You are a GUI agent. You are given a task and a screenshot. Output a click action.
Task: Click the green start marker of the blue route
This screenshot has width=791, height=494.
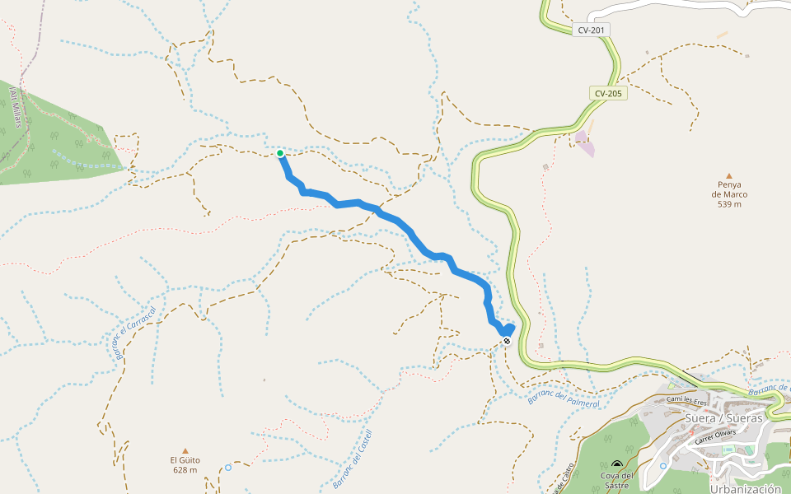[280, 153]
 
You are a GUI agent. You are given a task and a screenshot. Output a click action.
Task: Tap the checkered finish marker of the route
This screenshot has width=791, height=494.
[507, 341]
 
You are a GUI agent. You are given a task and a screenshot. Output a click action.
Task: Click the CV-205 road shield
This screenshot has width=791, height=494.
[609, 94]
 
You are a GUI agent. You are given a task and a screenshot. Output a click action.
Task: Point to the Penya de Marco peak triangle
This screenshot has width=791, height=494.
[728, 175]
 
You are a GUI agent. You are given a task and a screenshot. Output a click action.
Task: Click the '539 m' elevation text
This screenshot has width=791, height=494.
[728, 204]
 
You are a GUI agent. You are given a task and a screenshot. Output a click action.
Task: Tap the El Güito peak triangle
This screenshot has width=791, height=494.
[185, 450]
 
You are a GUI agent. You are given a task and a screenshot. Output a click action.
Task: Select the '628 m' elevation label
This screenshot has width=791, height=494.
[185, 470]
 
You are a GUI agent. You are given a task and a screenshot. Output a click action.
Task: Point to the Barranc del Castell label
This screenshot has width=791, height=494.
[353, 459]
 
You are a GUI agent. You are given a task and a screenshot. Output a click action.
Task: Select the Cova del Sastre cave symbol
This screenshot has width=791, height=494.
[616, 464]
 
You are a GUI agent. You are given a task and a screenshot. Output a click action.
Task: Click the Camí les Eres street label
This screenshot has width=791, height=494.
[687, 401]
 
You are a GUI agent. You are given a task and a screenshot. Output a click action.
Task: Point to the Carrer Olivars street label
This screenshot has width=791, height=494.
[714, 436]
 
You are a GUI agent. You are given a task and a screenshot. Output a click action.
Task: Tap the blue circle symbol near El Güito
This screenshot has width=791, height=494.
[228, 468]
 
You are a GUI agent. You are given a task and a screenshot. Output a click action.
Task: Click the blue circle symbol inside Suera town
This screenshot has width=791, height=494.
[663, 466]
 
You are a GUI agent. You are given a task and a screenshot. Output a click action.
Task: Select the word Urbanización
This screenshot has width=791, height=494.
[745, 488]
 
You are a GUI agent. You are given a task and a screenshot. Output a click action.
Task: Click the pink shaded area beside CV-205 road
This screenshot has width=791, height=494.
[585, 143]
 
